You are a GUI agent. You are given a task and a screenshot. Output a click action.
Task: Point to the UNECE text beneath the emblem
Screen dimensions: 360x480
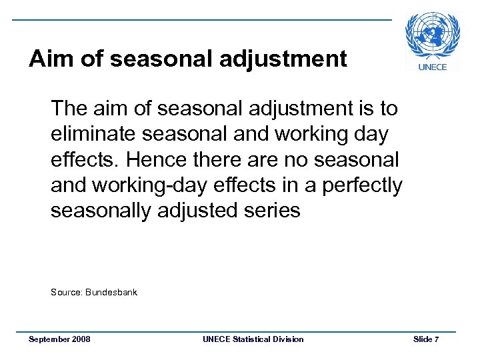[433, 67]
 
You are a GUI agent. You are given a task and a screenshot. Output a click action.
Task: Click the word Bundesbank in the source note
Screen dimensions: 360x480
[112, 292]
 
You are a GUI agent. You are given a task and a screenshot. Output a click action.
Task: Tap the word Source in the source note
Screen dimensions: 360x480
[66, 292]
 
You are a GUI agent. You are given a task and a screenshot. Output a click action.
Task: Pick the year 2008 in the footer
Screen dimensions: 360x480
[81, 339]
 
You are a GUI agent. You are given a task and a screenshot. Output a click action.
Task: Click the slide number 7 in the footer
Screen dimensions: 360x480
[436, 339]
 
